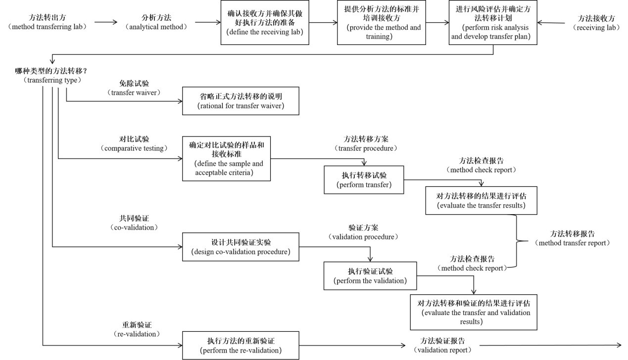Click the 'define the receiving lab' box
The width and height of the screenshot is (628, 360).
[x=265, y=23]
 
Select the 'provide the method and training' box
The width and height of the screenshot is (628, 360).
[x=382, y=23]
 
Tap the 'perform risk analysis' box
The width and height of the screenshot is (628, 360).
[x=493, y=23]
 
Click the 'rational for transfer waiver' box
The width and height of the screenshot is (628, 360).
[x=241, y=101]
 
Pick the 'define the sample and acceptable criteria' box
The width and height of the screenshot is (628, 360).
[x=226, y=159]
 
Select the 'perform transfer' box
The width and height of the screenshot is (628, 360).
[x=364, y=180]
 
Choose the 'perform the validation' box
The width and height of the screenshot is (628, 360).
[x=370, y=275]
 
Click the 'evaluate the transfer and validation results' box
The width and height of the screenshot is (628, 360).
[x=474, y=312]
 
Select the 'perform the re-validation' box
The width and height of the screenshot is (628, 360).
[x=241, y=345]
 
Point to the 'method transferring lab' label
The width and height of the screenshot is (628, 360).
[x=48, y=22]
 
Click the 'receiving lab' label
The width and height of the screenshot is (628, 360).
[x=596, y=23]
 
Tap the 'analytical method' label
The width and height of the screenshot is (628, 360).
[x=157, y=22]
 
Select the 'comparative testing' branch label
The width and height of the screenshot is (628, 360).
[x=134, y=143]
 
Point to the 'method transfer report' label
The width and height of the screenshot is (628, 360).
[x=573, y=238]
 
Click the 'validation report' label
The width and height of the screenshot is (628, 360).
[x=442, y=345]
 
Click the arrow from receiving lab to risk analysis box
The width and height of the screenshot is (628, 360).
[x=551, y=23]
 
